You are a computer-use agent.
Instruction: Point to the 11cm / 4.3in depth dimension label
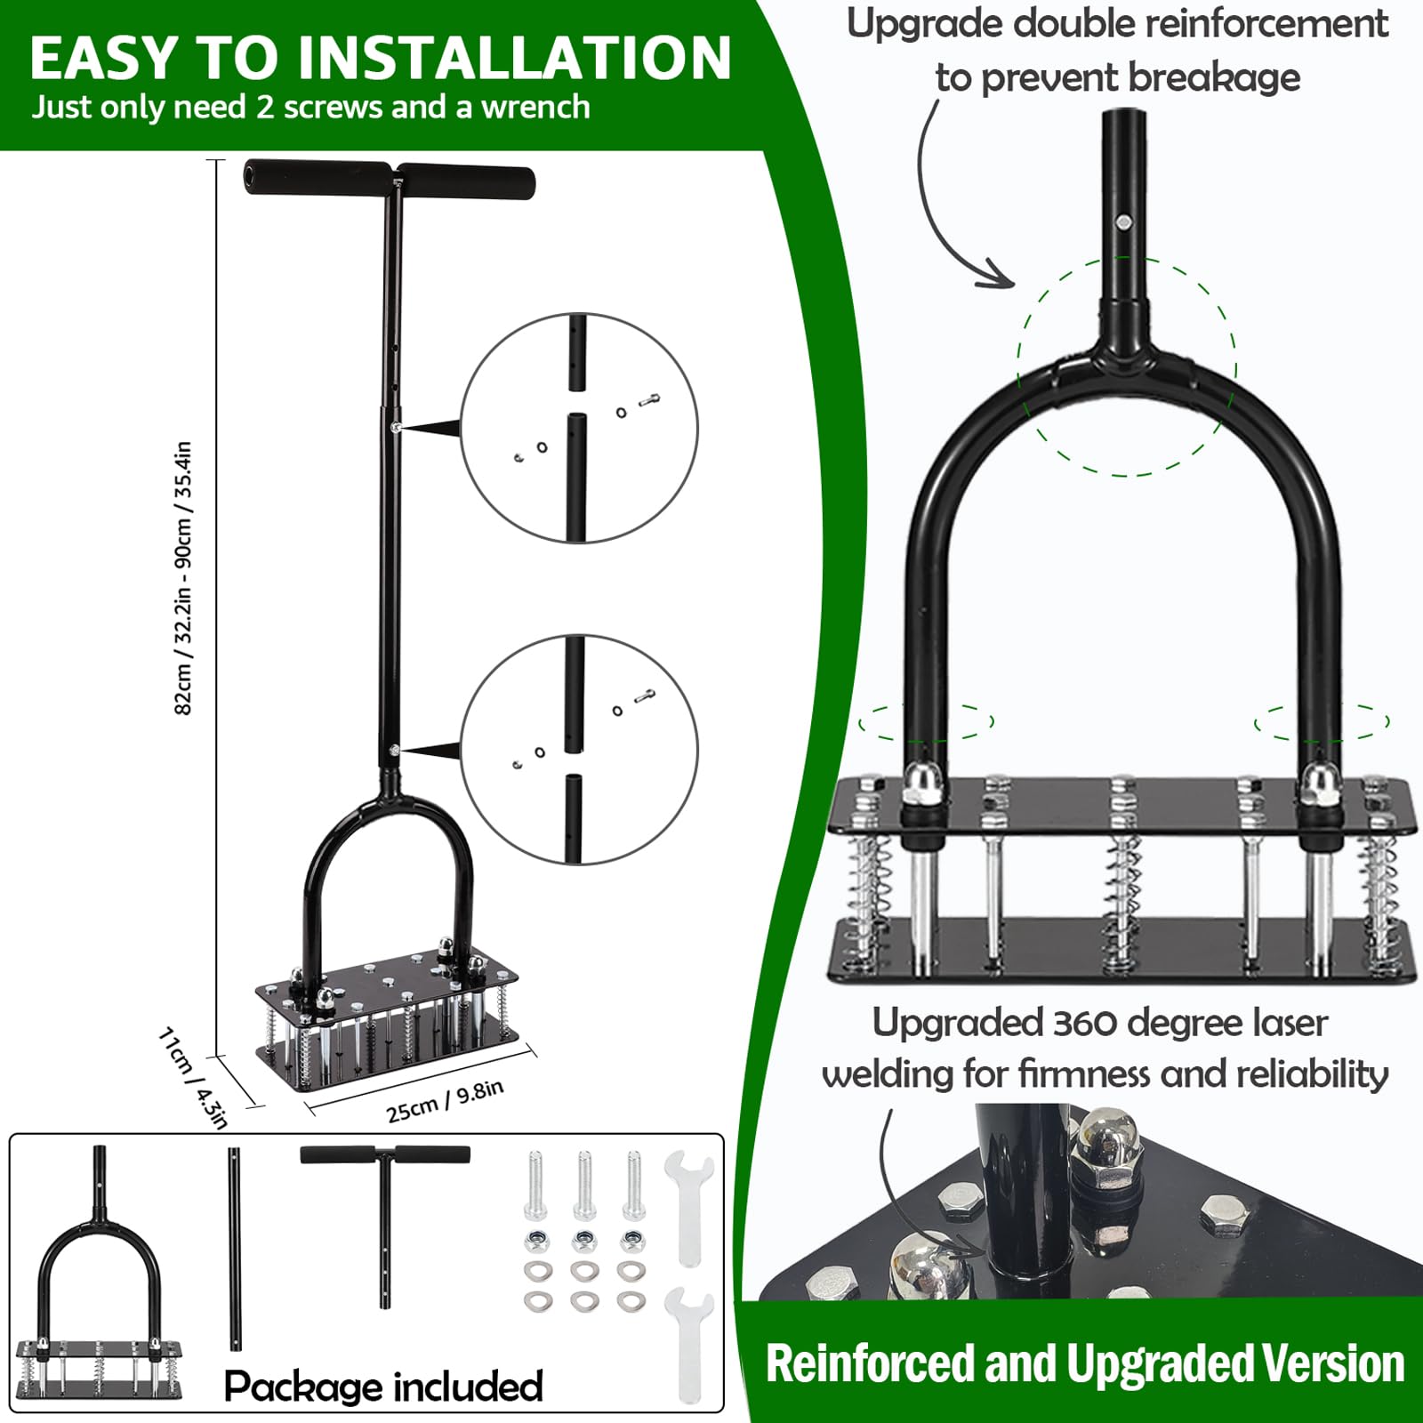(x=193, y=1078)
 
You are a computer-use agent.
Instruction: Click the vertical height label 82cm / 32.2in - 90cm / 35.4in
(x=183, y=578)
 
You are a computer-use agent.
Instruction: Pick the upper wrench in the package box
(x=689, y=1208)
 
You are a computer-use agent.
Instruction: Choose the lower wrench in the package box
(x=689, y=1345)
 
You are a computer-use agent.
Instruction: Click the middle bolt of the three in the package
(x=584, y=1186)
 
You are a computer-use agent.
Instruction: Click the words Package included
(x=383, y=1386)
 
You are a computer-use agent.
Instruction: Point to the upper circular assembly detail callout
(x=580, y=428)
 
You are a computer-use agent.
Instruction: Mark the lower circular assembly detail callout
(x=580, y=749)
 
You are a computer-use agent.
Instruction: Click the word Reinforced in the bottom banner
(x=870, y=1363)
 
